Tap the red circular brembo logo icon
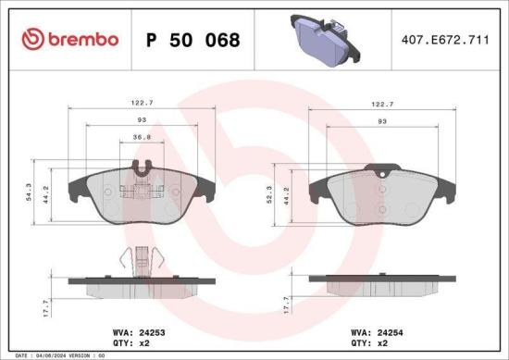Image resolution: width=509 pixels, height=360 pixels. click(x=31, y=39)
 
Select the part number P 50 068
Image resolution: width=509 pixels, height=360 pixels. click(x=193, y=40)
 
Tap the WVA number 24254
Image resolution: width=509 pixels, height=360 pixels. click(x=394, y=328)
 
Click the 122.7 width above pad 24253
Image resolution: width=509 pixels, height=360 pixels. click(x=142, y=106)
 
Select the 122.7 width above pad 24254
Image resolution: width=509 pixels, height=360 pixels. click(x=382, y=106)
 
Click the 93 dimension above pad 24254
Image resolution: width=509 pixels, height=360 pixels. click(x=382, y=122)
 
